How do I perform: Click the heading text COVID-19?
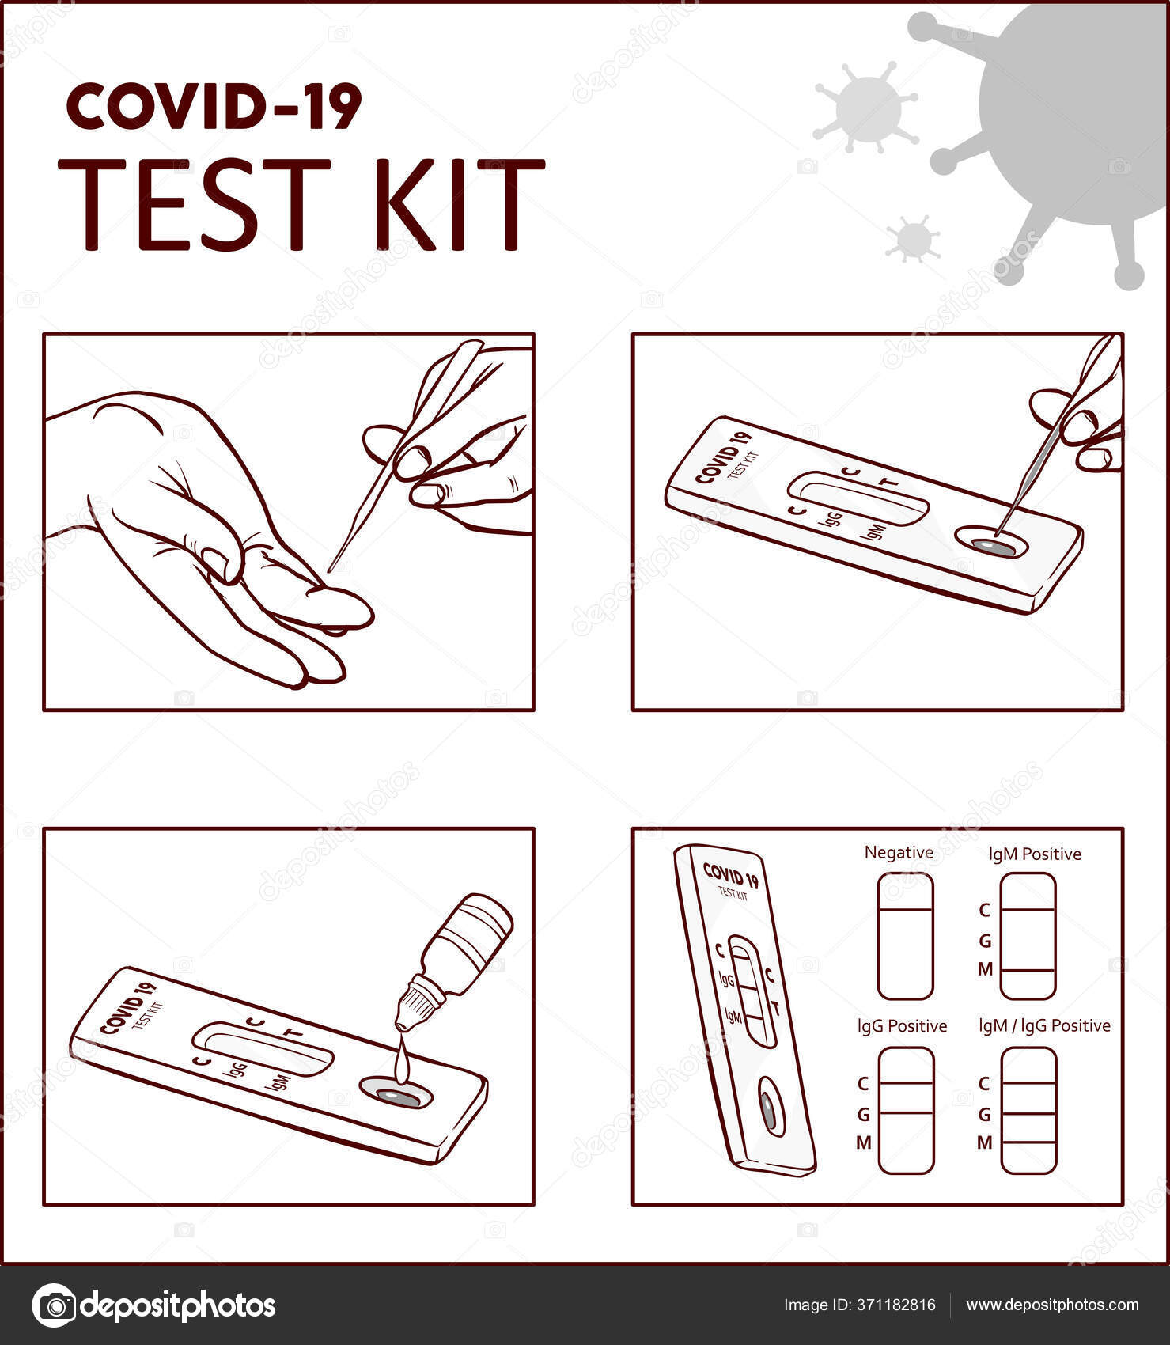point(214,107)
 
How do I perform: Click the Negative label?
point(899,853)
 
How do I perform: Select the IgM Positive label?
point(1035,854)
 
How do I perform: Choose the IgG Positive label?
point(903,1026)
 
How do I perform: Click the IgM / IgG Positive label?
point(1044,1026)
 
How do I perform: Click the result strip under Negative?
point(906,936)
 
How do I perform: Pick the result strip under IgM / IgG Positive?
point(1028,1110)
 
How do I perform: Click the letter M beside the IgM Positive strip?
point(985,969)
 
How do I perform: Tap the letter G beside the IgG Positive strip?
point(864,1115)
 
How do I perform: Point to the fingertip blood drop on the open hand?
point(334,631)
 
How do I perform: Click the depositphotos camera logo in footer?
point(55,1305)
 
